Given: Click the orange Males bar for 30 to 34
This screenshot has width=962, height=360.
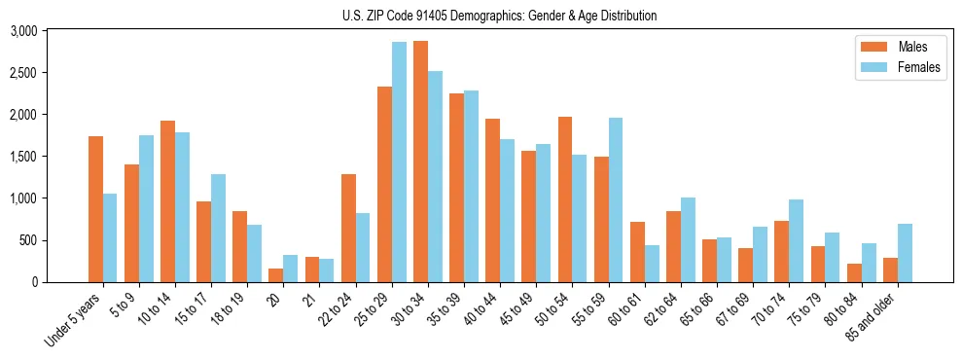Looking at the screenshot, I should [420, 162].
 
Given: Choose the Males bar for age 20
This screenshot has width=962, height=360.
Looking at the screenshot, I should [275, 275].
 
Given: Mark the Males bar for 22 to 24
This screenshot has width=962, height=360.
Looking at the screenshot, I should [348, 229].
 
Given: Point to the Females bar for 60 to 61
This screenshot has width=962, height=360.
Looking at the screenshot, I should [651, 264].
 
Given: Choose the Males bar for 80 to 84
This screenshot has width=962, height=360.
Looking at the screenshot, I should [854, 272].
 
